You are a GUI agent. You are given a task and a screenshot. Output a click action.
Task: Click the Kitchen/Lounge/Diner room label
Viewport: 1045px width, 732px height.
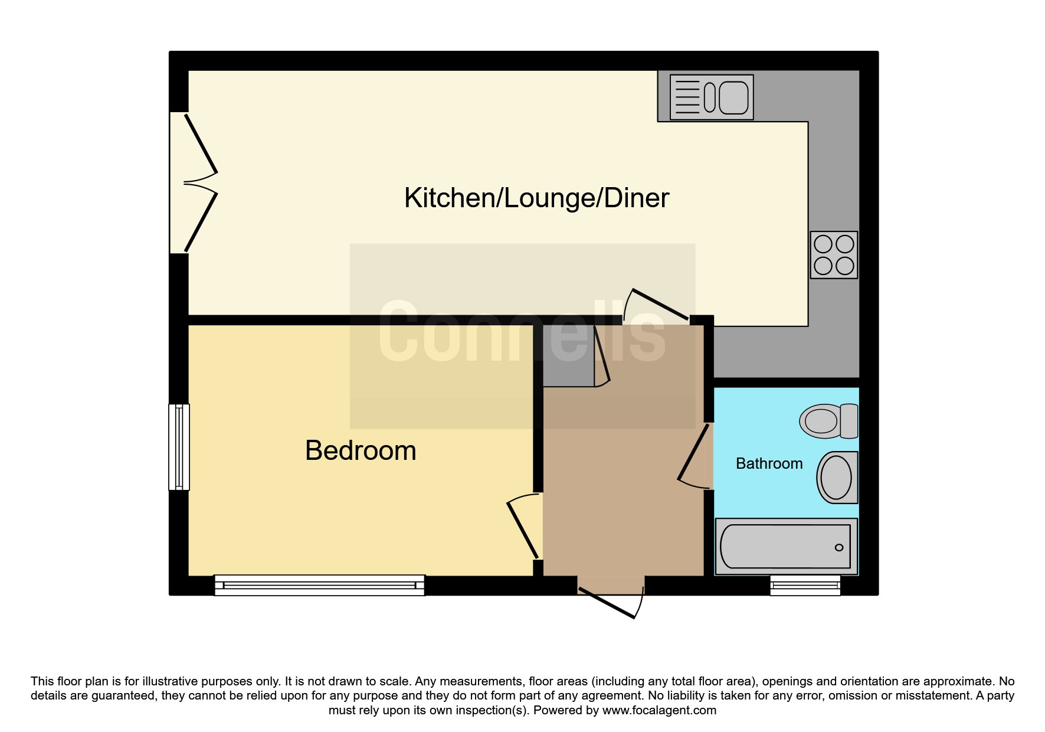click(536, 198)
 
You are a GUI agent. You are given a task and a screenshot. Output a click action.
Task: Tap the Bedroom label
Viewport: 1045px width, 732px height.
click(361, 451)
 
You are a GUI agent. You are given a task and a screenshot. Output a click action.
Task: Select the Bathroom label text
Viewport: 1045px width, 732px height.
click(769, 463)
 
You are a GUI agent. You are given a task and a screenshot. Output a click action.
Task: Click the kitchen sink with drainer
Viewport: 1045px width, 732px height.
click(712, 97)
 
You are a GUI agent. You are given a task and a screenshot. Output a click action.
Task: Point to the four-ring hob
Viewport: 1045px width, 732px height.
click(834, 254)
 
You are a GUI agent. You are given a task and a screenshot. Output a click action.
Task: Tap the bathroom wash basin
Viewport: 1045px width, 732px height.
click(837, 478)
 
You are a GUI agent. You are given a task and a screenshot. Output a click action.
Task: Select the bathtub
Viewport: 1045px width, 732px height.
click(786, 547)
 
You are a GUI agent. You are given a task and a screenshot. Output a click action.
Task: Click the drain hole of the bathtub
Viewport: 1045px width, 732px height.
click(839, 548)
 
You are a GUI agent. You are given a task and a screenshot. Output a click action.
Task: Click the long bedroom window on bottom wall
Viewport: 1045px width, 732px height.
click(319, 585)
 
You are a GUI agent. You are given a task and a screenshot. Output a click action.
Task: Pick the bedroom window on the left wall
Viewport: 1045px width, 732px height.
click(179, 447)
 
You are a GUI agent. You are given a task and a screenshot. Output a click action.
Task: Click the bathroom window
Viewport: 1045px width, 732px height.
click(805, 585)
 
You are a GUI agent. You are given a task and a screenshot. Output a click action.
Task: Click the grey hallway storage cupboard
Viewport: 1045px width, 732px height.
click(568, 356)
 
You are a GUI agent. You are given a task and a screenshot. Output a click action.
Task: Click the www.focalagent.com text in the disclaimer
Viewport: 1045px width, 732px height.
click(659, 710)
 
